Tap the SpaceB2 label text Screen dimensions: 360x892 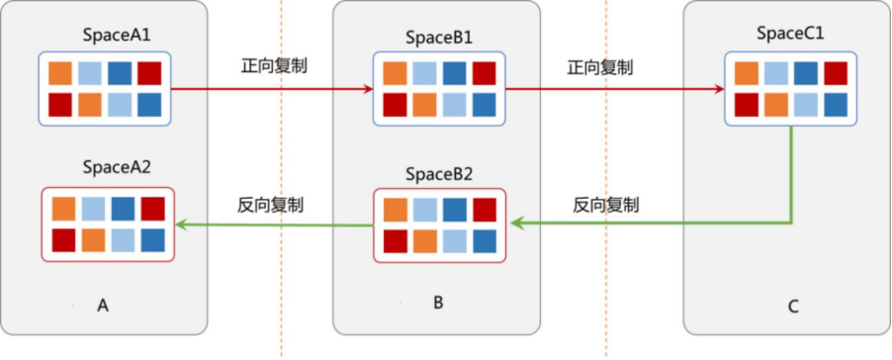click(x=439, y=175)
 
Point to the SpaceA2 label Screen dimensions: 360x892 click(x=118, y=167)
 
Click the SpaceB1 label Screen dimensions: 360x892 click(x=439, y=38)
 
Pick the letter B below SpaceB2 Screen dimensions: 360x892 click(x=438, y=302)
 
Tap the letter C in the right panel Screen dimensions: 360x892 click(x=792, y=307)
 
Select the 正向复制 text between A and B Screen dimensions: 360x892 click(x=274, y=67)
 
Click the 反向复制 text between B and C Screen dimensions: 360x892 click(x=605, y=205)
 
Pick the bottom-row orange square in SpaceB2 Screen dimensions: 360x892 click(x=424, y=240)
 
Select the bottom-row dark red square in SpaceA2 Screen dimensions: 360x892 click(x=63, y=239)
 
